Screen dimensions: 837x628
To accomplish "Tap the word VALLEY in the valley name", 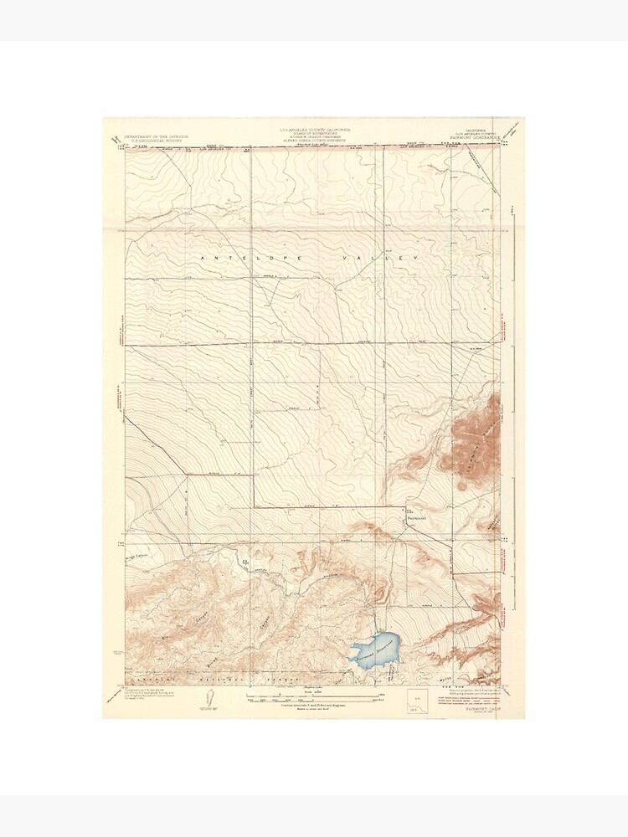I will (x=386, y=260).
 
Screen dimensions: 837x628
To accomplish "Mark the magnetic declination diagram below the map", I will (x=206, y=701).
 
